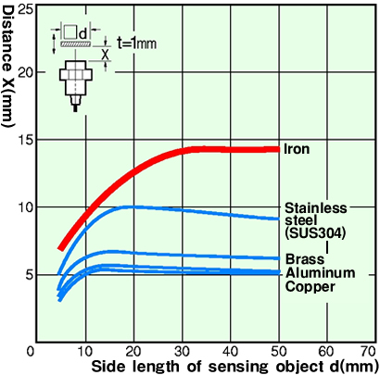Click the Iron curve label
[297, 149]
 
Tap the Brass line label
[305, 259]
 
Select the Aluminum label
[320, 273]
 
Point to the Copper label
[310, 287]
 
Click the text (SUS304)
[315, 233]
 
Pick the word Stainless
[316, 208]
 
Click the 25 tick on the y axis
[26, 9]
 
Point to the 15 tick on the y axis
[26, 140]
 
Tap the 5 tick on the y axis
[29, 275]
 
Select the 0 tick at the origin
[31, 352]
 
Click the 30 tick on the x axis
[182, 352]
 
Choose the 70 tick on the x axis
[369, 352]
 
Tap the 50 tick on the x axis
[279, 352]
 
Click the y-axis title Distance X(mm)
[8, 66]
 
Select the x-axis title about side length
[234, 367]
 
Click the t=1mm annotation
[136, 43]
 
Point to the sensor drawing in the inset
[76, 86]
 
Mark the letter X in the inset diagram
[106, 55]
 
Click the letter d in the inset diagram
[82, 34]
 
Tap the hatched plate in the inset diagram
[76, 44]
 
